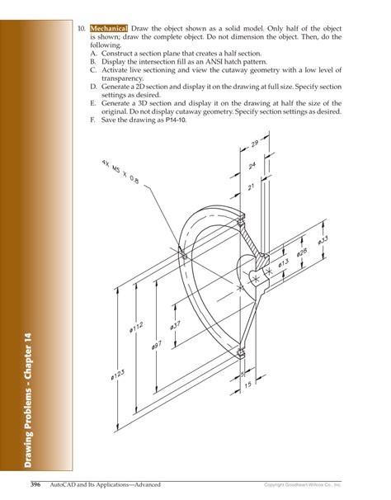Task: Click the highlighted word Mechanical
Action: pos(108,27)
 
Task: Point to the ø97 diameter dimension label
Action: pos(157,347)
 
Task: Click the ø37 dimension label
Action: pos(175,325)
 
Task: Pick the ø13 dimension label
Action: pos(283,265)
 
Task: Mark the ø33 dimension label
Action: pos(323,243)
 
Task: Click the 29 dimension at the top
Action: pos(255,144)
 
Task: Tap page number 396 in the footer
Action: pos(36,483)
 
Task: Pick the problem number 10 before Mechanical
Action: pos(81,27)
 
